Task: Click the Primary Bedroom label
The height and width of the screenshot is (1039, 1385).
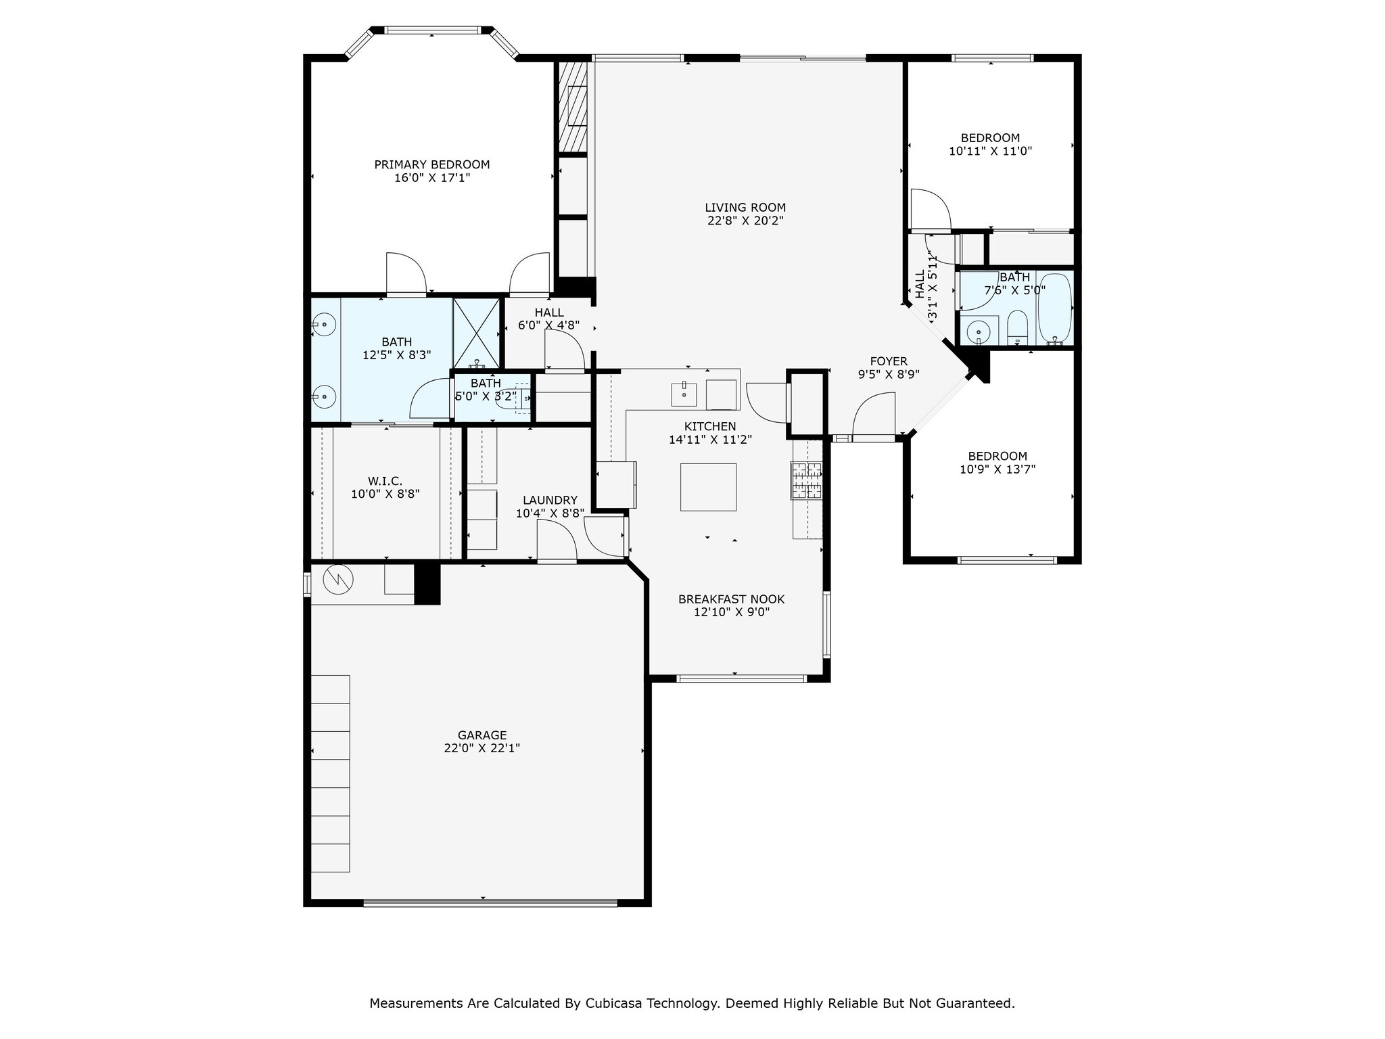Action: [x=432, y=164]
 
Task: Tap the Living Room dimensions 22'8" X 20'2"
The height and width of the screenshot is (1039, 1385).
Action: [x=745, y=221]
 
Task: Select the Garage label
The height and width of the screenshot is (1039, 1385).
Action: [x=482, y=735]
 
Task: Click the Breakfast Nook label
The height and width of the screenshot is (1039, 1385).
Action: [x=731, y=599]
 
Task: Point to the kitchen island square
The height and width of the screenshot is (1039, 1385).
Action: [x=708, y=487]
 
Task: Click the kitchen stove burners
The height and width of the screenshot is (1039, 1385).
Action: [x=807, y=480]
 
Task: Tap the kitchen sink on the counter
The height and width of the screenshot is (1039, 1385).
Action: [x=684, y=394]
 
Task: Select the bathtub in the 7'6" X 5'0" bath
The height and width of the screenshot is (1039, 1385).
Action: [x=1054, y=308]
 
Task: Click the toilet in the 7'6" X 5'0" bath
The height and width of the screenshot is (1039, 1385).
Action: [x=1017, y=329]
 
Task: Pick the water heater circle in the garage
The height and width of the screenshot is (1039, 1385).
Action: [x=338, y=578]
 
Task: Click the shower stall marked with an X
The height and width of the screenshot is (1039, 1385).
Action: [x=477, y=332]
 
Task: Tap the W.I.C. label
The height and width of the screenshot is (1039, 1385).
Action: [x=385, y=481]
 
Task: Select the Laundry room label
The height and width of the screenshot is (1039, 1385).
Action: [x=550, y=501]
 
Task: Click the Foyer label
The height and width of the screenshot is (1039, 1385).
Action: [x=889, y=361]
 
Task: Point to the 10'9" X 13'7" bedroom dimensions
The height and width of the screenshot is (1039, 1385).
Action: [x=997, y=469]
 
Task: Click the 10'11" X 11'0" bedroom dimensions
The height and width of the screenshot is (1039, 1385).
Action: [x=990, y=152]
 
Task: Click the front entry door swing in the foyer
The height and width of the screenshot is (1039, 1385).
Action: [x=874, y=417]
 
